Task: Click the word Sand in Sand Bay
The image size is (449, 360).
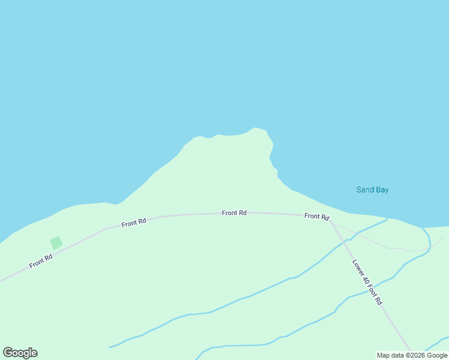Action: [x=364, y=190]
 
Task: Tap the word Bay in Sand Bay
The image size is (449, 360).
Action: [x=381, y=190]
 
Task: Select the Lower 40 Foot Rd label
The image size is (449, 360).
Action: [x=367, y=282]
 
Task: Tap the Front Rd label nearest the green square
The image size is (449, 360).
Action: [x=41, y=261]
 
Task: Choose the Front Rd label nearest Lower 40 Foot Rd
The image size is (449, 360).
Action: [x=316, y=216]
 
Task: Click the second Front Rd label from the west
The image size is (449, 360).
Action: [x=133, y=223]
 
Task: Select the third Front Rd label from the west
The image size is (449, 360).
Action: [x=234, y=213]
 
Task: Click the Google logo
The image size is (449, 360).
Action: [x=20, y=353]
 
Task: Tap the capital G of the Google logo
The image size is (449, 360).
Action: [x=8, y=352]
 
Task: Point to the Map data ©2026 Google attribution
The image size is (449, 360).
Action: [x=412, y=355]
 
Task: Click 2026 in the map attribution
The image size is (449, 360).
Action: [x=417, y=355]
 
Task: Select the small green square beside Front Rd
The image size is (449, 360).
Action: [x=56, y=243]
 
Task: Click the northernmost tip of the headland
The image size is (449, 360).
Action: [x=256, y=128]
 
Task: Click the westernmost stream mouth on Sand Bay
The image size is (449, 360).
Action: [x=387, y=218]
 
